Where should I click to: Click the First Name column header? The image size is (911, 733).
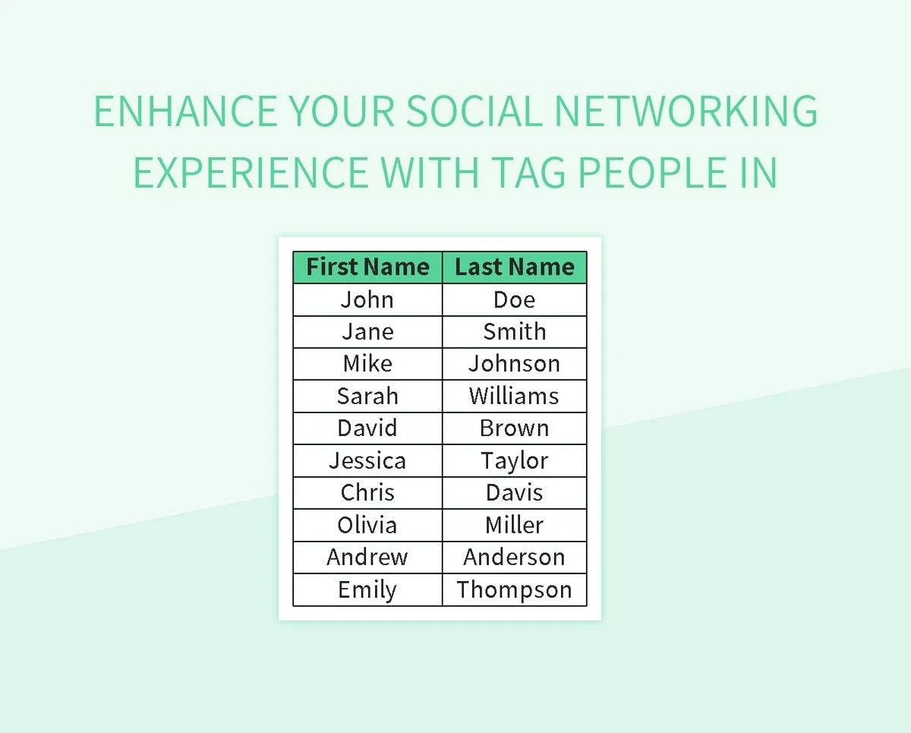click(x=367, y=267)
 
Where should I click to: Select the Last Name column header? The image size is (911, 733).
click(x=515, y=267)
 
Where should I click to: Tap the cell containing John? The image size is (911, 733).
click(x=367, y=299)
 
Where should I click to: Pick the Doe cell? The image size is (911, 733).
click(x=515, y=299)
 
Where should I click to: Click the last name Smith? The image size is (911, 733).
click(x=515, y=332)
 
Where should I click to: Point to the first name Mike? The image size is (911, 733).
click(x=367, y=364)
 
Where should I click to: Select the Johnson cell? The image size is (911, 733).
click(x=515, y=364)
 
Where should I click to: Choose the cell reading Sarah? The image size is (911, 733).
click(x=367, y=396)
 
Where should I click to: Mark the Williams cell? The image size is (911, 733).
click(x=515, y=396)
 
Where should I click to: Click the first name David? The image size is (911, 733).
click(x=367, y=428)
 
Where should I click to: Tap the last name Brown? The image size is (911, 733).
click(x=515, y=428)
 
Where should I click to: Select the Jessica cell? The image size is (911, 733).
click(x=367, y=460)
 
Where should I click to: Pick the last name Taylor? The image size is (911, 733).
click(x=515, y=460)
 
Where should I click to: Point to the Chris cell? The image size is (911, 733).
click(x=367, y=492)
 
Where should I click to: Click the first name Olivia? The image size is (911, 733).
click(x=367, y=525)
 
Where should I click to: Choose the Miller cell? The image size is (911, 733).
click(x=515, y=525)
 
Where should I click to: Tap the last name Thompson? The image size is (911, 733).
click(x=515, y=589)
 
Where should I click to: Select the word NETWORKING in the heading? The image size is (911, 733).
click(x=686, y=112)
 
